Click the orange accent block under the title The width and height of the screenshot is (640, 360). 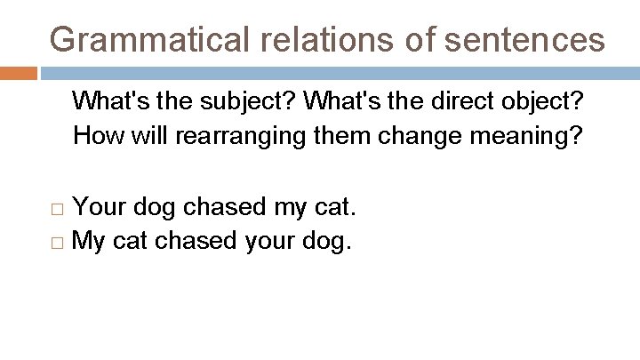click(19, 73)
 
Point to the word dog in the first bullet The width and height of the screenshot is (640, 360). click(154, 208)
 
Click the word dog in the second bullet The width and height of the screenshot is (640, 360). click(327, 241)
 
